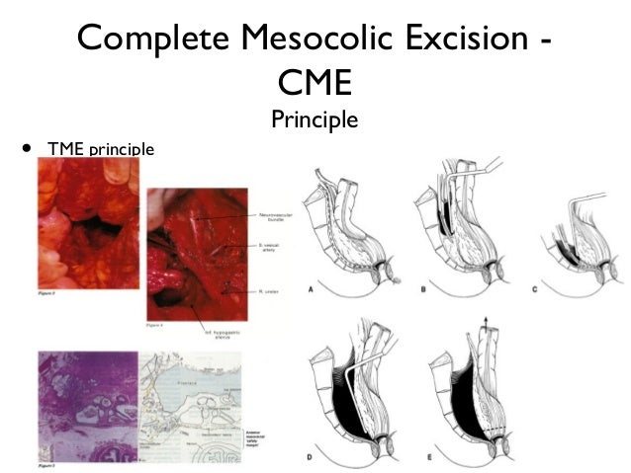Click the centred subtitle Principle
pyautogui.click(x=314, y=121)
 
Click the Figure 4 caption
pyautogui.click(x=158, y=322)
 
